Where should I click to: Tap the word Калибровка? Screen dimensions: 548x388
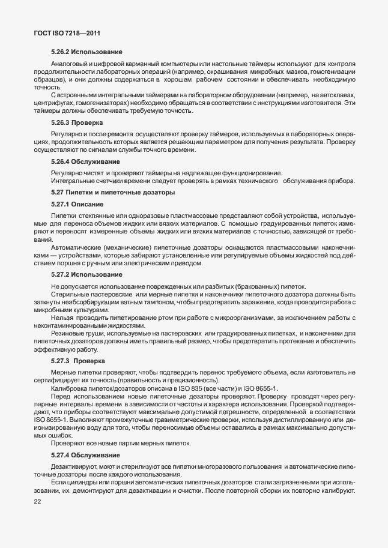pos(70,390)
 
